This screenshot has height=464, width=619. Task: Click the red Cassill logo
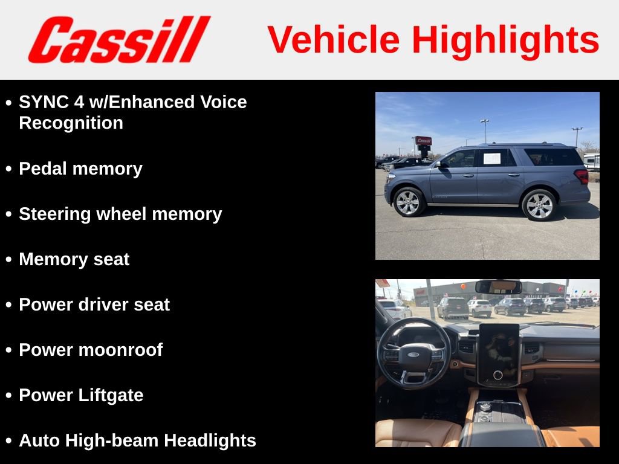(x=118, y=39)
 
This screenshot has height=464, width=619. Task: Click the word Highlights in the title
(x=505, y=40)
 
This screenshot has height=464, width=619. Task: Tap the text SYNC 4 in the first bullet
(x=52, y=102)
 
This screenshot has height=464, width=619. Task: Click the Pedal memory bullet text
(x=80, y=169)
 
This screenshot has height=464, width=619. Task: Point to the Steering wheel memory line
(x=120, y=214)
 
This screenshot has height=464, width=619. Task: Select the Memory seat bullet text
(x=74, y=259)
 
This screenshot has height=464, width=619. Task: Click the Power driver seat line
(x=94, y=304)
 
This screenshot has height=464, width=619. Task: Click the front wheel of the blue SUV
(x=409, y=202)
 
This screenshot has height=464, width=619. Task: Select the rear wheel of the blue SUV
(x=539, y=205)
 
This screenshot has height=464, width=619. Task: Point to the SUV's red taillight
(x=582, y=176)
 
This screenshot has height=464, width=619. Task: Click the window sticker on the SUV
(x=491, y=158)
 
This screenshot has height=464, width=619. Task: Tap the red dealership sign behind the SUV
(x=423, y=140)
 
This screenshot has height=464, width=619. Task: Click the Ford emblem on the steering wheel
(x=413, y=355)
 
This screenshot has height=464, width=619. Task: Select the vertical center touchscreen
(x=499, y=355)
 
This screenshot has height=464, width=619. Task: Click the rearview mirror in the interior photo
(x=498, y=287)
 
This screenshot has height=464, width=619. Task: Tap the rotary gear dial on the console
(x=485, y=407)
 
